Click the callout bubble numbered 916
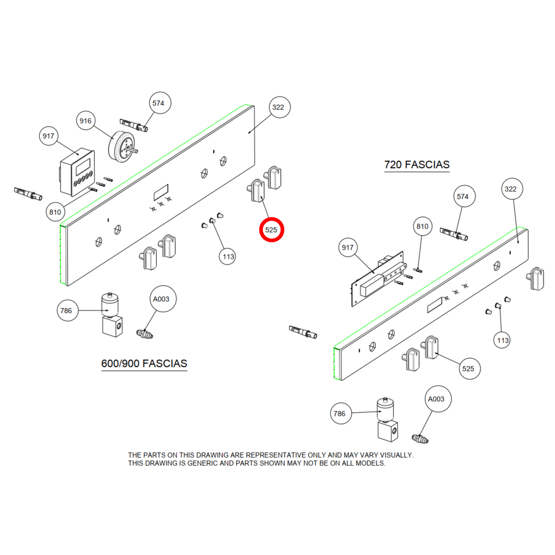tap(85, 121)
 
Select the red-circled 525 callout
tap(272, 230)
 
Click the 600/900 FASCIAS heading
tap(144, 363)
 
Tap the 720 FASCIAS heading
tap(417, 164)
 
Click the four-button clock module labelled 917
tap(77, 171)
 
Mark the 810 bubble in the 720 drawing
tap(422, 227)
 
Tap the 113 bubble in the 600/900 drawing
tap(228, 257)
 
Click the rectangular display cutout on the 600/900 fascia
tap(161, 192)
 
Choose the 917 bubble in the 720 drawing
tap(348, 248)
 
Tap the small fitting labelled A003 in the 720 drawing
tap(420, 438)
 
